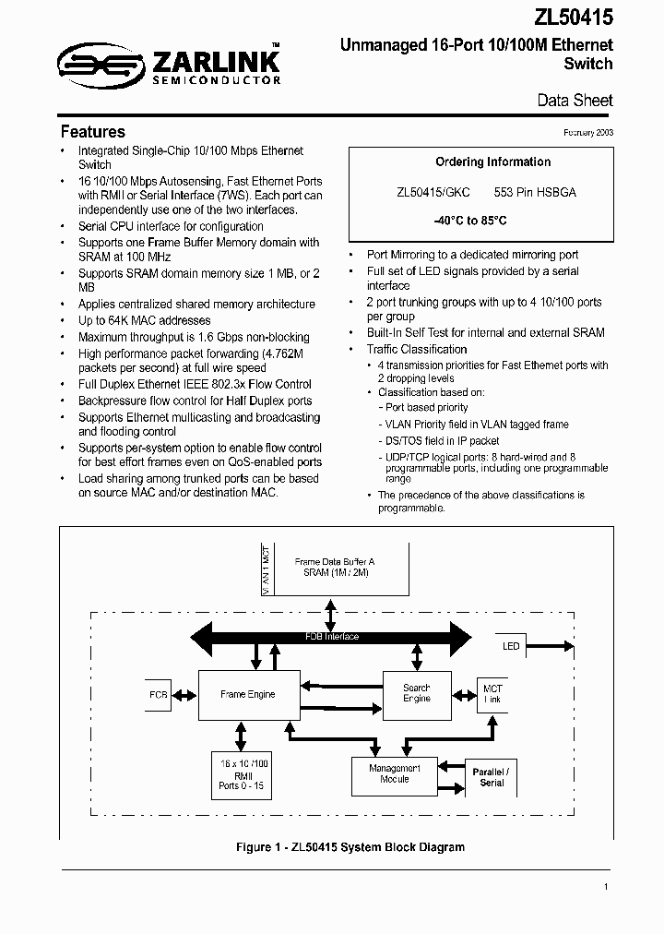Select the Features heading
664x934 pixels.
tap(92, 131)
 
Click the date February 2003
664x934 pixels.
tap(587, 133)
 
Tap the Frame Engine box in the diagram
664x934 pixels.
tap(247, 694)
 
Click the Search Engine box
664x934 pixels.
tap(417, 693)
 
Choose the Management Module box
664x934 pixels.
tap(395, 774)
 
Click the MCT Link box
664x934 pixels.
tap(492, 694)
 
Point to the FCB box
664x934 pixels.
tap(159, 694)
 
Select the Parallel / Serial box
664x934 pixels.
tap(491, 777)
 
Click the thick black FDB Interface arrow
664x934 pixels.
tap(332, 637)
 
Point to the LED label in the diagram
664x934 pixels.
tap(512, 646)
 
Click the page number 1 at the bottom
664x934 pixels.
tap(606, 887)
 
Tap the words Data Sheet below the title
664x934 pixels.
tap(575, 101)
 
